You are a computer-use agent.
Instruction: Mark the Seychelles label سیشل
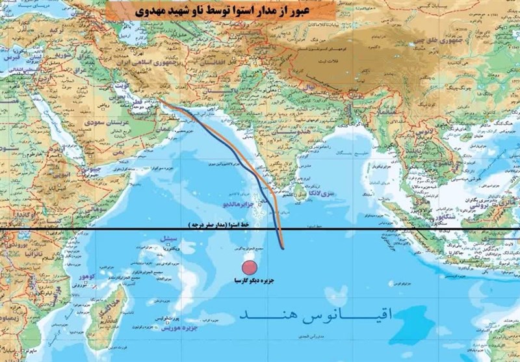pos(168,248)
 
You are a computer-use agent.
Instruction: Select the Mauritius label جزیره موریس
pos(180,329)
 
